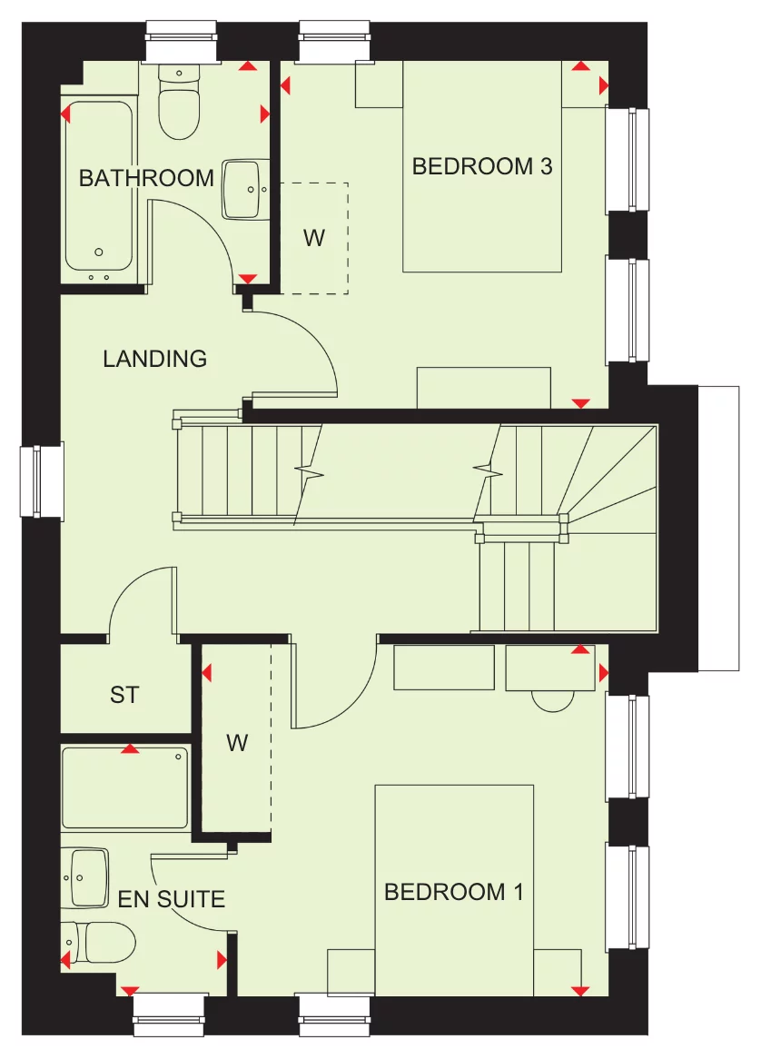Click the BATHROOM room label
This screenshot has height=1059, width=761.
pos(146,178)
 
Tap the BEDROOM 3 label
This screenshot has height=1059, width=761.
pos(482,166)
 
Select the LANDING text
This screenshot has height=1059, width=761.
pos(154,359)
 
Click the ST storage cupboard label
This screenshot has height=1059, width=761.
pos(124,695)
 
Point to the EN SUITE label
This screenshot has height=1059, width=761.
pos(172,899)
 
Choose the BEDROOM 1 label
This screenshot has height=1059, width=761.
pos(454,892)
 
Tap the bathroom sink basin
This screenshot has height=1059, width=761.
pos(245,189)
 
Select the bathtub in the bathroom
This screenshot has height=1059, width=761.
pos(98,191)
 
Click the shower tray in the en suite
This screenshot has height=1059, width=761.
pos(125,787)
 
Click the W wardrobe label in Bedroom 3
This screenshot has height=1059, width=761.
pos(313,238)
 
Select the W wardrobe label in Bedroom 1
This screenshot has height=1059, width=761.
pos(237,743)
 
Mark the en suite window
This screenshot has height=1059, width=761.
pos(169,1014)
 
